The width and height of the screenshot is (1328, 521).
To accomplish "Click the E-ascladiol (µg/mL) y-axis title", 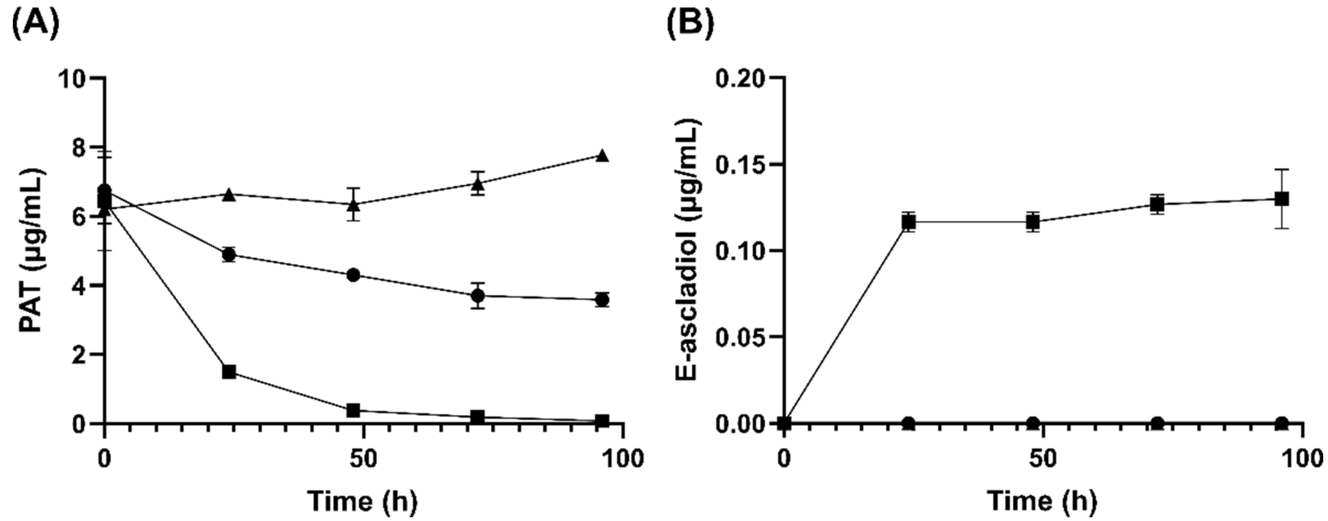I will click(687, 250).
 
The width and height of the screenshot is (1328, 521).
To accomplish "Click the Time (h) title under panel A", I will click(363, 500).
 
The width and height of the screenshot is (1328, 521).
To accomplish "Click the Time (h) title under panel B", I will click(1042, 500).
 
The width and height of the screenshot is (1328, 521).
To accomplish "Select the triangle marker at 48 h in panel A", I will click(353, 205).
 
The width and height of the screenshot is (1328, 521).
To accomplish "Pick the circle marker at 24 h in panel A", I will click(229, 255).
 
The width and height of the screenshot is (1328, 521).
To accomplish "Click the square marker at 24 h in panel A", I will click(229, 372).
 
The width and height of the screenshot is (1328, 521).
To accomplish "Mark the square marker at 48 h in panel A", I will click(353, 411).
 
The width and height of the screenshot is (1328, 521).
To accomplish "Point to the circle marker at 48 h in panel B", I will click(1033, 423).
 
